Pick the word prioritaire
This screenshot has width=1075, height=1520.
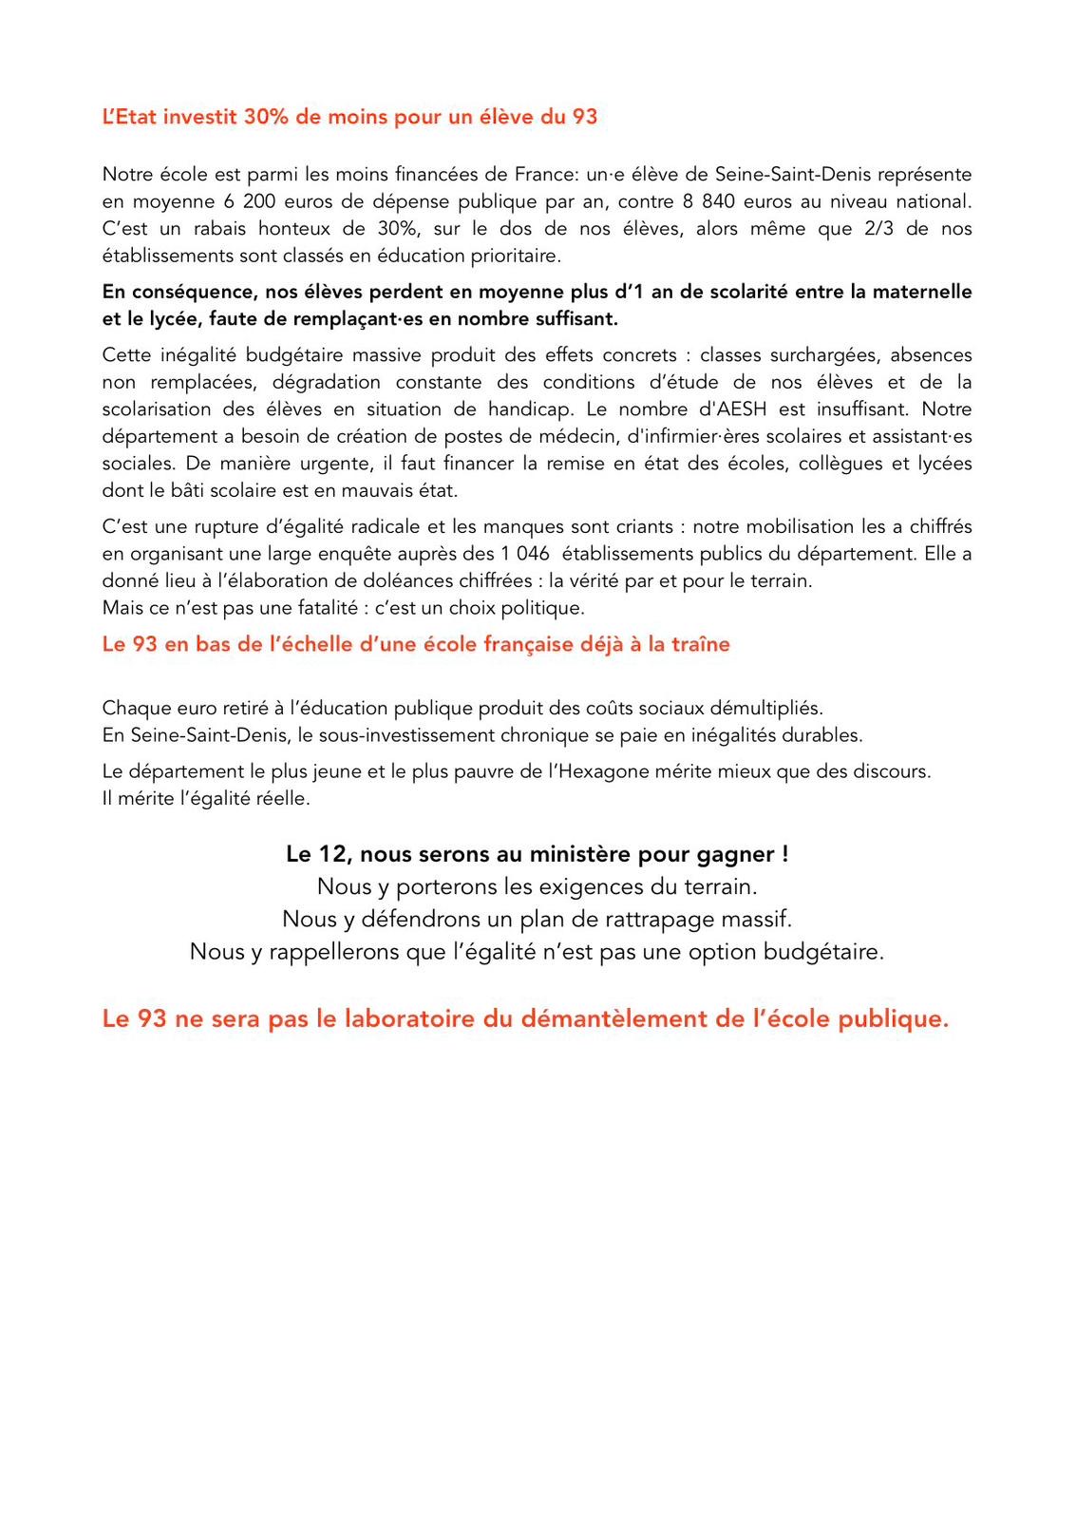click(x=516, y=256)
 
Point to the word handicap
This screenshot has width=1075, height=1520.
click(x=531, y=409)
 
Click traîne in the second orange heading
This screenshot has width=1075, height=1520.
click(x=701, y=644)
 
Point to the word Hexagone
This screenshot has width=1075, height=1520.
click(x=597, y=771)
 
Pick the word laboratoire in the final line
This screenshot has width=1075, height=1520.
click(x=409, y=1018)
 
